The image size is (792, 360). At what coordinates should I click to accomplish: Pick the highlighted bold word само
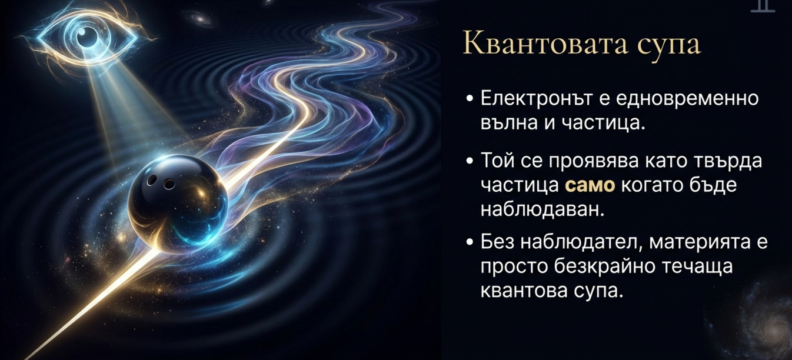point(590,185)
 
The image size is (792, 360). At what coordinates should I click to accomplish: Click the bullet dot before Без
point(469,242)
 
